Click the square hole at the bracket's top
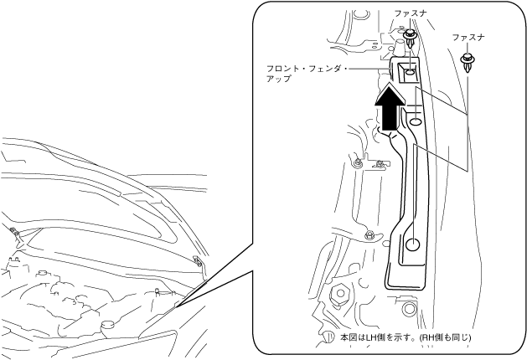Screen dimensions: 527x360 pyautogui.click(x=407, y=71)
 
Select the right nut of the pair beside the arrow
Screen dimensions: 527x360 pyautogui.click(x=380, y=163)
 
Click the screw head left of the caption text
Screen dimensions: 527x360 pyautogui.click(x=329, y=338)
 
